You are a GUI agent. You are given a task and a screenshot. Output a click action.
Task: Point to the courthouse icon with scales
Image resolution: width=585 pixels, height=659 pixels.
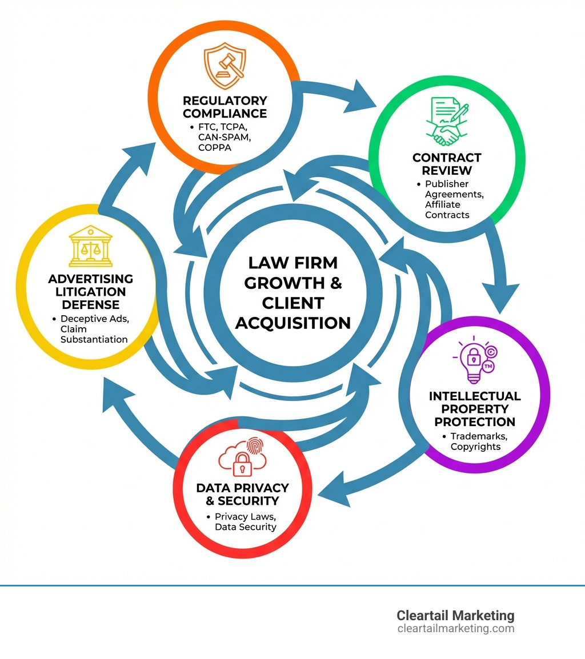[x=90, y=249]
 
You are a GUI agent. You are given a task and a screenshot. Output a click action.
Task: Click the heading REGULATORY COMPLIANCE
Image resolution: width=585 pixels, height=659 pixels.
[x=225, y=107]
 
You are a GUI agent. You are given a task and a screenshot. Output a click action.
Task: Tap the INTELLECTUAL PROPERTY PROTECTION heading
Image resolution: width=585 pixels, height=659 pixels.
[x=475, y=409]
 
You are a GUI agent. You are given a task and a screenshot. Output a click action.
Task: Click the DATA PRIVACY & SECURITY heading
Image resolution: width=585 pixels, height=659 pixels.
[x=242, y=495]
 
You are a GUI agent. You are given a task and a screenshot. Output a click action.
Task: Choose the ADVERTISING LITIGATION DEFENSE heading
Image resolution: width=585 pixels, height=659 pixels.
[x=90, y=291]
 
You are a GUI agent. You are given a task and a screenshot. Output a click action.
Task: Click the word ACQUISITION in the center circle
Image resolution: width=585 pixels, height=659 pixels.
[x=292, y=323]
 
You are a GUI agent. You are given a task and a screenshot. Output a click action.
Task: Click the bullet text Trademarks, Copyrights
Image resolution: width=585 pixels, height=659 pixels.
[x=475, y=441]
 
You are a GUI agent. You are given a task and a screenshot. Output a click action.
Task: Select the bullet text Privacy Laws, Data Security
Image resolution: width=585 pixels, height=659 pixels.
[x=245, y=521]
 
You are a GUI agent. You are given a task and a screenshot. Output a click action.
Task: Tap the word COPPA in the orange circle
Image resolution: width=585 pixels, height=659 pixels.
[x=215, y=147]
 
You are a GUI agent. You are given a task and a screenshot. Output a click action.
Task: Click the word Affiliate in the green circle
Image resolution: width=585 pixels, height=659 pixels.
[x=443, y=204]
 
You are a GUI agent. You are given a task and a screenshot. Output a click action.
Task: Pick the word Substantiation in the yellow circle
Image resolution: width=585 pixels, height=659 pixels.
[x=94, y=339]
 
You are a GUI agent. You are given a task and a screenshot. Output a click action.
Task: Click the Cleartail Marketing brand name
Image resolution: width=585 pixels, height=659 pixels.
[x=455, y=615]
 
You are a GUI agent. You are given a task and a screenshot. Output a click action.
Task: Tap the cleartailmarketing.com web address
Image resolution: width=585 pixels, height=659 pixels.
[x=455, y=629]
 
